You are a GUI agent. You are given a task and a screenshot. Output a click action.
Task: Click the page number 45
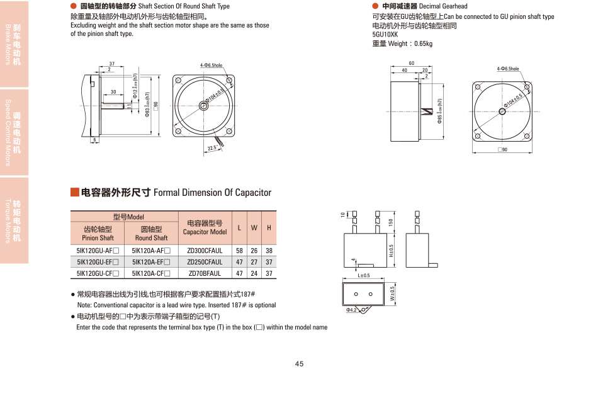[299, 363]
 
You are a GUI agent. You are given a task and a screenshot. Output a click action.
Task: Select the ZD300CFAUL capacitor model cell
[205, 251]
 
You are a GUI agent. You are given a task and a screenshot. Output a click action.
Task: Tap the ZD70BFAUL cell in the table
[205, 273]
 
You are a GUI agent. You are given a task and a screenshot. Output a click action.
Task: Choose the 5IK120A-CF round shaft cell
[151, 273]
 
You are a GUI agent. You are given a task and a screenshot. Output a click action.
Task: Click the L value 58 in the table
[239, 251]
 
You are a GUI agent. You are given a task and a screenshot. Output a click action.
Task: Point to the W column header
[254, 227]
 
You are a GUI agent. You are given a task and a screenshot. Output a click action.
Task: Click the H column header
[269, 227]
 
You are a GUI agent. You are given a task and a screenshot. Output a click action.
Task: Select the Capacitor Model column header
[205, 227]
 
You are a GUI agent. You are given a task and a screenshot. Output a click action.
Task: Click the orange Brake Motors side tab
[14, 44]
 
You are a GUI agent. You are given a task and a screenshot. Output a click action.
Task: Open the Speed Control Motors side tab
[14, 132]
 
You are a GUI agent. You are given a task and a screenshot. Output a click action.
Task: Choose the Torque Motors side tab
[14, 220]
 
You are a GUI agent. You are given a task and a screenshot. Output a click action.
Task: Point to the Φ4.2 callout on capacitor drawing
[351, 310]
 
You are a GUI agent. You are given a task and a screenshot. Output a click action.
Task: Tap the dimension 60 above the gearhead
[412, 64]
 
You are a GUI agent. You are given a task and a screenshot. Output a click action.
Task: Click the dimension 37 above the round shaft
[111, 64]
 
